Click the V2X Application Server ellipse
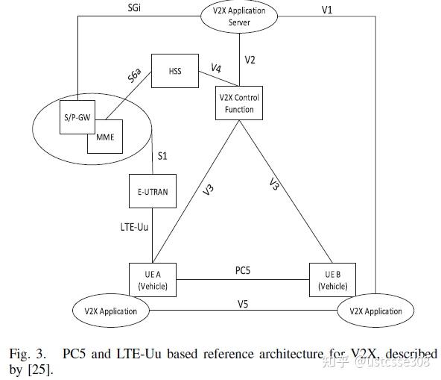pos(237,16)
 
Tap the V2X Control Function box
pos(238,104)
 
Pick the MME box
pos(105,137)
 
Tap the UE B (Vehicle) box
pos(332,281)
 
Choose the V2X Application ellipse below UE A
pos(110,310)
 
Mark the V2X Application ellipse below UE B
pos(376,310)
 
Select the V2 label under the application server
pos(251,59)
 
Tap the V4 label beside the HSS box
pos(215,69)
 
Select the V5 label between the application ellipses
pos(243,303)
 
